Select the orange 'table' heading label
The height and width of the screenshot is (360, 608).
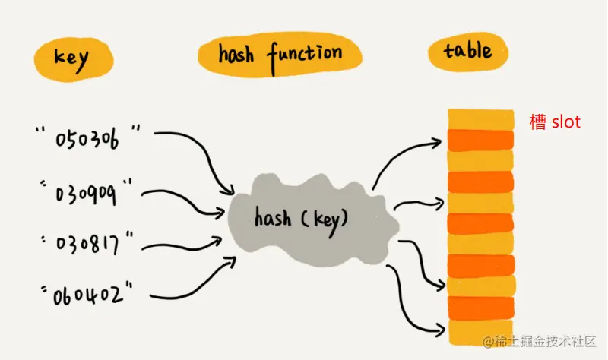pyautogui.click(x=467, y=52)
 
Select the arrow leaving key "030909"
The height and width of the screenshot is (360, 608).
pyautogui.click(x=186, y=200)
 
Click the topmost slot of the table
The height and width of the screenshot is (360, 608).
pyautogui.click(x=480, y=118)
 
